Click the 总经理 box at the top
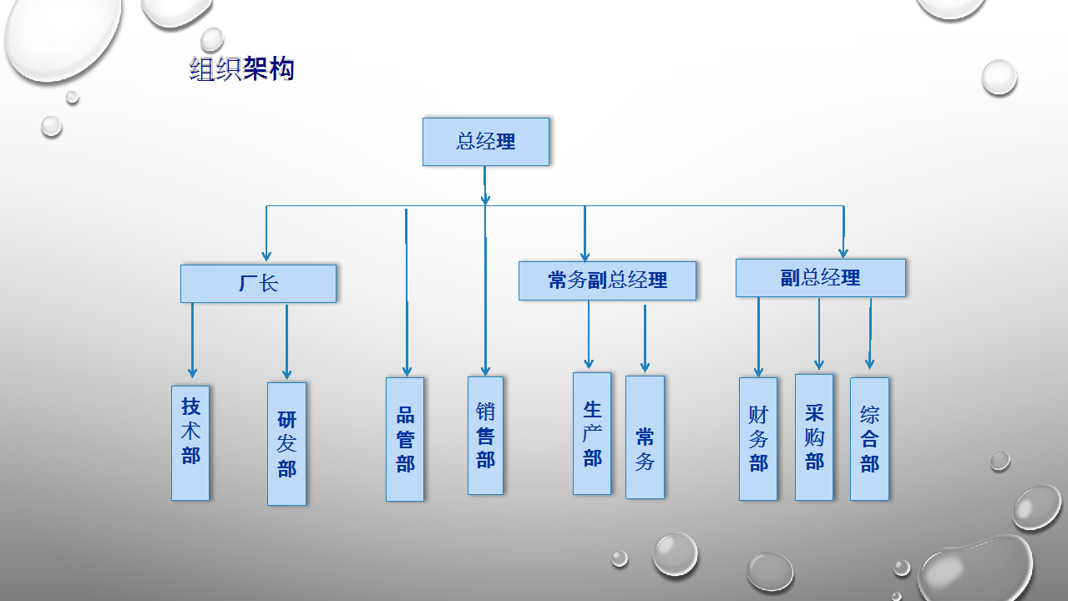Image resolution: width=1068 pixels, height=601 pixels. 485,142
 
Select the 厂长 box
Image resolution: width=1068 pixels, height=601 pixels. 258,284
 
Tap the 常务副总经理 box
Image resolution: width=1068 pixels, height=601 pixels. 607,280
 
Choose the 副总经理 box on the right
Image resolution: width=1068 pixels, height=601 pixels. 820,278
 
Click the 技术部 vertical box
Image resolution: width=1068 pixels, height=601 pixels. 190,442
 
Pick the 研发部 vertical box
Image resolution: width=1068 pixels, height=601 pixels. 286,444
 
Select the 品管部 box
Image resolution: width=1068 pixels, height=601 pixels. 405,439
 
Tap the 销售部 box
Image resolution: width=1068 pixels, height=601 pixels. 485,435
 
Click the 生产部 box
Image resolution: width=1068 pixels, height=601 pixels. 592,433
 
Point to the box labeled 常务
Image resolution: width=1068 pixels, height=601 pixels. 645,437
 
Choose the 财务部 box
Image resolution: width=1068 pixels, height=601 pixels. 758,439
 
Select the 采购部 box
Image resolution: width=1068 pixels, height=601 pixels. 814,437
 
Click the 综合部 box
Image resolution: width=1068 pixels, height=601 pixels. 869,439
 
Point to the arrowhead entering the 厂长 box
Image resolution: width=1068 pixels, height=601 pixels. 266,256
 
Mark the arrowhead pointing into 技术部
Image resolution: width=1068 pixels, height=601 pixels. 192,372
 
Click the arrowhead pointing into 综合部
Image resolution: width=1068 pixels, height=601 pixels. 869,364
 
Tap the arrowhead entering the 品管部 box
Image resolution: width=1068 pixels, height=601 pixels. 407,371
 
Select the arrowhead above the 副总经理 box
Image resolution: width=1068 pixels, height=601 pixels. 843,252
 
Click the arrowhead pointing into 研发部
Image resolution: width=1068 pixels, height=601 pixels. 286,374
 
